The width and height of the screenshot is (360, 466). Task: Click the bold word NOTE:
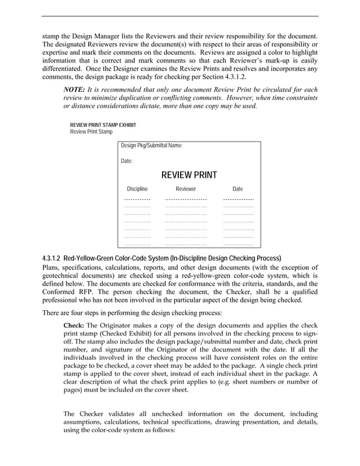pos(74,90)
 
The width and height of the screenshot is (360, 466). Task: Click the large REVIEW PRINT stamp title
pos(188,175)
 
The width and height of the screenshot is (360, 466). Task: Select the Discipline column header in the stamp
pos(137,189)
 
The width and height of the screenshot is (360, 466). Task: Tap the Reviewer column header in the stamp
pos(186,189)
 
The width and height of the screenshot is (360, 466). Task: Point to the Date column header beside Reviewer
pos(238,189)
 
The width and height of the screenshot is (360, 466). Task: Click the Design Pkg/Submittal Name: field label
pos(152,146)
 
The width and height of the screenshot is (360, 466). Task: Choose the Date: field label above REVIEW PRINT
pos(127,161)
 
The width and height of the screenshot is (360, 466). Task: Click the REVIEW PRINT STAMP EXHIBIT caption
pos(103,125)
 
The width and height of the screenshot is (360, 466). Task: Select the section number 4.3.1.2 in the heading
pos(54,258)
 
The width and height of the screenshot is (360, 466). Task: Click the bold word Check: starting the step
pos(73,326)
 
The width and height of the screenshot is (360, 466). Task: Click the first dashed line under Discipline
pos(137,200)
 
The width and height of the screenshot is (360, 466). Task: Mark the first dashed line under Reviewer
pos(186,200)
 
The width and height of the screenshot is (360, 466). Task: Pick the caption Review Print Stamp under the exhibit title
pos(91,132)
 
